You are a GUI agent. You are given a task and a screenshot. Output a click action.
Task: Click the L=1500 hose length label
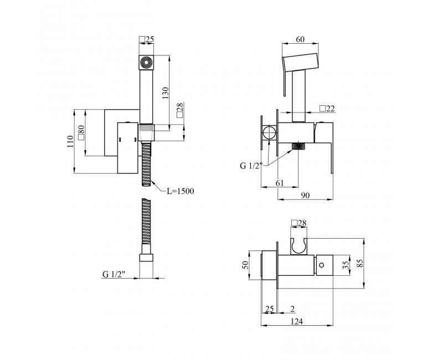click(x=181, y=191)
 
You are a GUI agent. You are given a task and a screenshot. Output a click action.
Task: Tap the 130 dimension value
click(x=165, y=93)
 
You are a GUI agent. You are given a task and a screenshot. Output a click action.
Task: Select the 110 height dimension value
click(x=70, y=141)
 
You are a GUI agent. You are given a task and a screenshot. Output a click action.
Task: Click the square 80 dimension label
click(x=81, y=133)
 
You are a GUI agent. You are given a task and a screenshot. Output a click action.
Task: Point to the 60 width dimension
click(x=300, y=39)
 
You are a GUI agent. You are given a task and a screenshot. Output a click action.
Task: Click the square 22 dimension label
click(x=327, y=109)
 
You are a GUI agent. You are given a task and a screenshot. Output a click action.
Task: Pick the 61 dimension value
click(x=279, y=183)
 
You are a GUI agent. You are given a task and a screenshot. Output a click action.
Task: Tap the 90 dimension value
click(x=305, y=196)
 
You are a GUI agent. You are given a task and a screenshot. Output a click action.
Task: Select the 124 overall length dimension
click(x=297, y=321)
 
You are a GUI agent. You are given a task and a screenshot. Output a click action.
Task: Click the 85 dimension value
click(x=360, y=263)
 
